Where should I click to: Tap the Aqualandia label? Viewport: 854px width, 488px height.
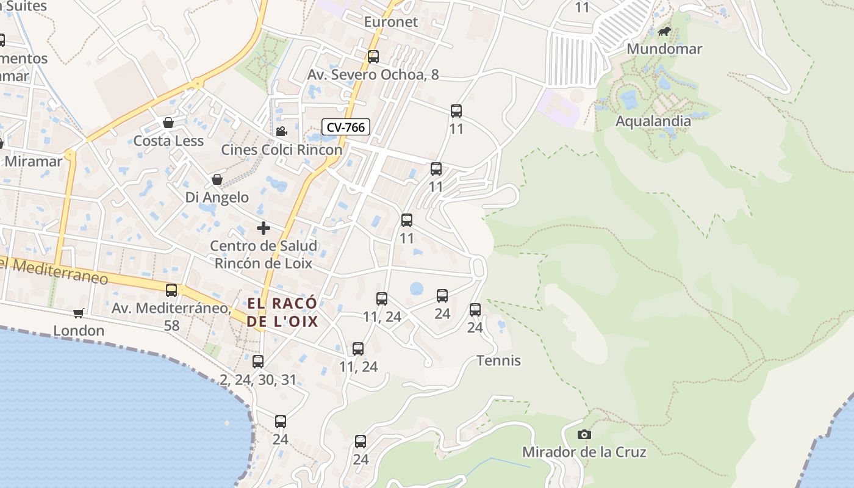tap(653, 121)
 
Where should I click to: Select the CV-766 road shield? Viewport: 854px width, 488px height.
tap(346, 127)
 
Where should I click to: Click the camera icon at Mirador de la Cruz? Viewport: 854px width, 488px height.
tap(584, 435)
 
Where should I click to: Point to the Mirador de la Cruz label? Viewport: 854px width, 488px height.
tap(584, 452)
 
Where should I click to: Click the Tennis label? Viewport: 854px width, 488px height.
tap(498, 361)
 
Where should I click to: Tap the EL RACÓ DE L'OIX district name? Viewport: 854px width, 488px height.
tap(282, 312)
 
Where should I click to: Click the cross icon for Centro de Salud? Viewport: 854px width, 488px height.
tap(264, 228)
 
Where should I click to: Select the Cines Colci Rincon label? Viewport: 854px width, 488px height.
tap(281, 149)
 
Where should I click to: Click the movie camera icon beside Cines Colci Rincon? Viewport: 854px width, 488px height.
tap(281, 131)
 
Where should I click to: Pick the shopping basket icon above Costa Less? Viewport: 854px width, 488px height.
tap(168, 123)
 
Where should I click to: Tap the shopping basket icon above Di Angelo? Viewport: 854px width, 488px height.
tap(217, 179)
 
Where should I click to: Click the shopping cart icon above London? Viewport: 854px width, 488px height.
tap(78, 313)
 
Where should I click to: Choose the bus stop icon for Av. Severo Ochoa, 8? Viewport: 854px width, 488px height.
tap(373, 57)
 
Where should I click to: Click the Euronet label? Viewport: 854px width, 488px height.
tap(391, 22)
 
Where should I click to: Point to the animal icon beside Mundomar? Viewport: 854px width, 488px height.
tap(664, 31)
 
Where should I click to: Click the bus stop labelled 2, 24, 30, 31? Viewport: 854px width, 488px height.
tap(258, 362)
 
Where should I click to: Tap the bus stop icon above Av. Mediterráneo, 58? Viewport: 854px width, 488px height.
tap(171, 290)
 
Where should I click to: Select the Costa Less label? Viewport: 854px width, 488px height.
tap(168, 141)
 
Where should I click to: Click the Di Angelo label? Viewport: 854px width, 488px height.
tap(217, 197)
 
